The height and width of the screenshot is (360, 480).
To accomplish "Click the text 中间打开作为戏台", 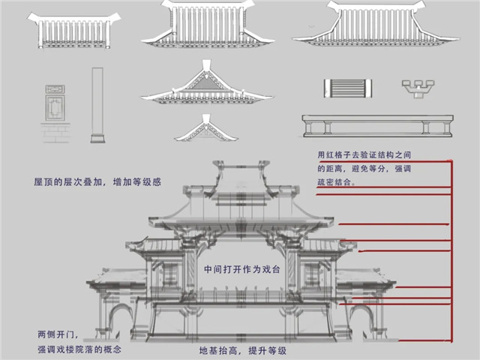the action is tap(241, 270).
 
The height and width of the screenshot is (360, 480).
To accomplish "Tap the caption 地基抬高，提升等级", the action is tap(243, 350).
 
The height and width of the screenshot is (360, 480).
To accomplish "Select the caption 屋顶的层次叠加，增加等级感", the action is tap(97, 182).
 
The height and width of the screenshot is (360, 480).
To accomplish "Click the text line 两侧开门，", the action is tap(58, 334).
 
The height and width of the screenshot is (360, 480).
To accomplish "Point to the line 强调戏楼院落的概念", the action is tap(79, 349).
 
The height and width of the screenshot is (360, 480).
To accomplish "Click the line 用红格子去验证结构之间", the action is tap(364, 155).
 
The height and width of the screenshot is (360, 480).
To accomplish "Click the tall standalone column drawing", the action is tap(97, 105).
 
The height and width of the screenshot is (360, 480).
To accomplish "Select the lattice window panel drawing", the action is tap(55, 103).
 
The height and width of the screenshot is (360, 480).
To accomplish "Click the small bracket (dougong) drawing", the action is tap(418, 88).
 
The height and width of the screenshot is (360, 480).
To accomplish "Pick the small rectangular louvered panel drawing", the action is tap(348, 88).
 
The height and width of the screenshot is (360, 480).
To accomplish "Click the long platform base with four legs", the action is tap(378, 126).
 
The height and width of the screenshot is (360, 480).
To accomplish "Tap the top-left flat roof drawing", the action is tap(73, 31).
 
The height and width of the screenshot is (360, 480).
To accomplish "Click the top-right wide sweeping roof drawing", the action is tap(376, 25).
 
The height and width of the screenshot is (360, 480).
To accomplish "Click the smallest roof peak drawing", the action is tap(206, 128).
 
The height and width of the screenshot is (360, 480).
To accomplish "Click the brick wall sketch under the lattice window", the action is tap(55, 133).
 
